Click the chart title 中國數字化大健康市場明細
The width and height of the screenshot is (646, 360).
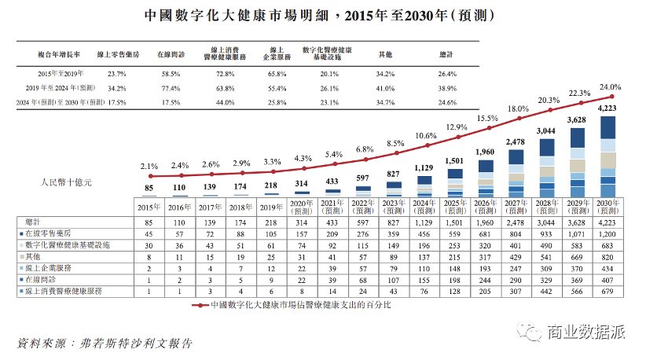[x=236, y=15]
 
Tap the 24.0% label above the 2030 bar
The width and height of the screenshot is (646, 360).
[x=611, y=87]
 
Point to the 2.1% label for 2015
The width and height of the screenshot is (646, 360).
[x=149, y=167]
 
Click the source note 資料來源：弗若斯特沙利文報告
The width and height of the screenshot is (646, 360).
[x=103, y=343]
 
